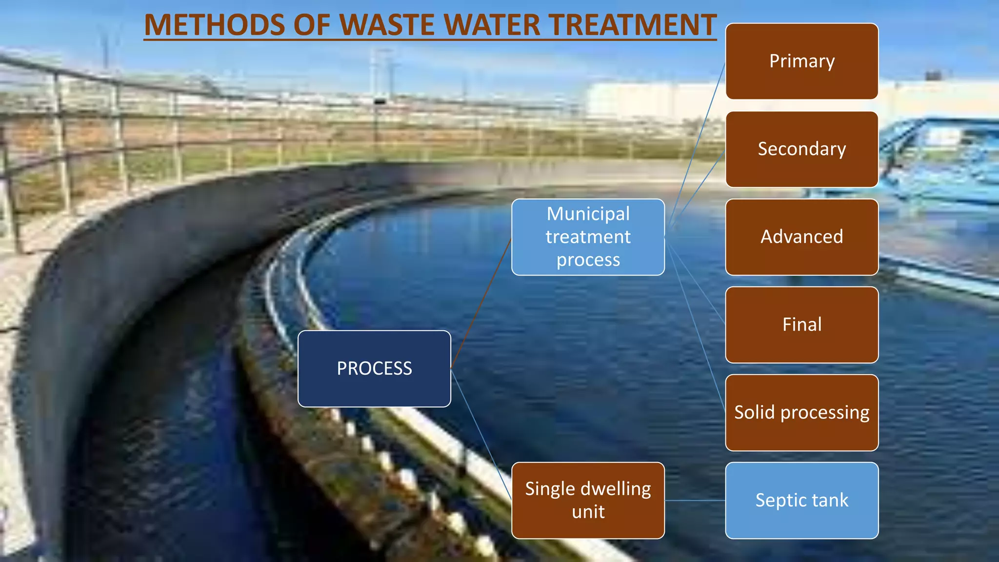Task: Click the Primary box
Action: tap(801, 61)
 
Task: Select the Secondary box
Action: tap(801, 149)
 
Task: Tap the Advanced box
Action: tap(801, 237)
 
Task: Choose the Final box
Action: tap(801, 325)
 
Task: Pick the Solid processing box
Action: tap(801, 413)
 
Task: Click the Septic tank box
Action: tap(801, 501)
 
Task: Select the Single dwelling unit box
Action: tap(588, 501)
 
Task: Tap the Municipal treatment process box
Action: tap(588, 237)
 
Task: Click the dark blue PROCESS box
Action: tap(374, 369)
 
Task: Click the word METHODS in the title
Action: tap(215, 25)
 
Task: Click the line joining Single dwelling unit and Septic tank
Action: tap(695, 501)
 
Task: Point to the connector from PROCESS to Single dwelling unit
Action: tap(481, 434)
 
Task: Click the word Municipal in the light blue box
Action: tap(588, 214)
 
